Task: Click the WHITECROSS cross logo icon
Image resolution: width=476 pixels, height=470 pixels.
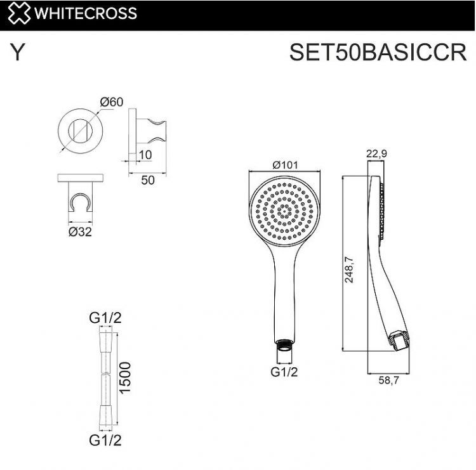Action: [18, 13]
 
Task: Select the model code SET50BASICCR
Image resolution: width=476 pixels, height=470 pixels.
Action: [378, 52]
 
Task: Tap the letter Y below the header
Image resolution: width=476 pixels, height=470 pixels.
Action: [18, 53]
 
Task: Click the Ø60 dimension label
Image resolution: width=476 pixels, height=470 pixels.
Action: [110, 101]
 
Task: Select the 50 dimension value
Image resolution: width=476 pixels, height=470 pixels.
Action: [147, 180]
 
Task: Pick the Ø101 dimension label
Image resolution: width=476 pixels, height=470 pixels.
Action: [286, 164]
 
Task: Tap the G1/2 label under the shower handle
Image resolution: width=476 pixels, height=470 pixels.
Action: [284, 373]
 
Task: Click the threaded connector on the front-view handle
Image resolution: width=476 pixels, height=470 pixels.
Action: [284, 346]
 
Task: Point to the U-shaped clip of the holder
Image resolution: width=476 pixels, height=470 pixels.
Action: [79, 202]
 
